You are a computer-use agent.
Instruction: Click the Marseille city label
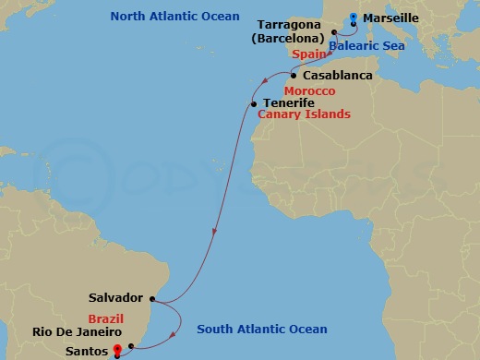pyautogui.click(x=392, y=18)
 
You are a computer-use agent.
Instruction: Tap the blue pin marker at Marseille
pyautogui.click(x=354, y=16)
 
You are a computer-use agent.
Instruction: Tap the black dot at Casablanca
pyautogui.click(x=294, y=76)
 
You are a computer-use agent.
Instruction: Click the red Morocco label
pyautogui.click(x=309, y=91)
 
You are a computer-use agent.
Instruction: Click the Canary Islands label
pyautogui.click(x=304, y=114)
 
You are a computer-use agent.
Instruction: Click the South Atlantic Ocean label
pyautogui.click(x=261, y=330)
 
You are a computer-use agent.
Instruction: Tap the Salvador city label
pyautogui.click(x=115, y=298)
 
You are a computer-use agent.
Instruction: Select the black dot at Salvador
pyautogui.click(x=161, y=299)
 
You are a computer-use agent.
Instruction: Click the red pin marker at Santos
pyautogui.click(x=116, y=350)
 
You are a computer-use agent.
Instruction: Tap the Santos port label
pyautogui.click(x=87, y=352)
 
